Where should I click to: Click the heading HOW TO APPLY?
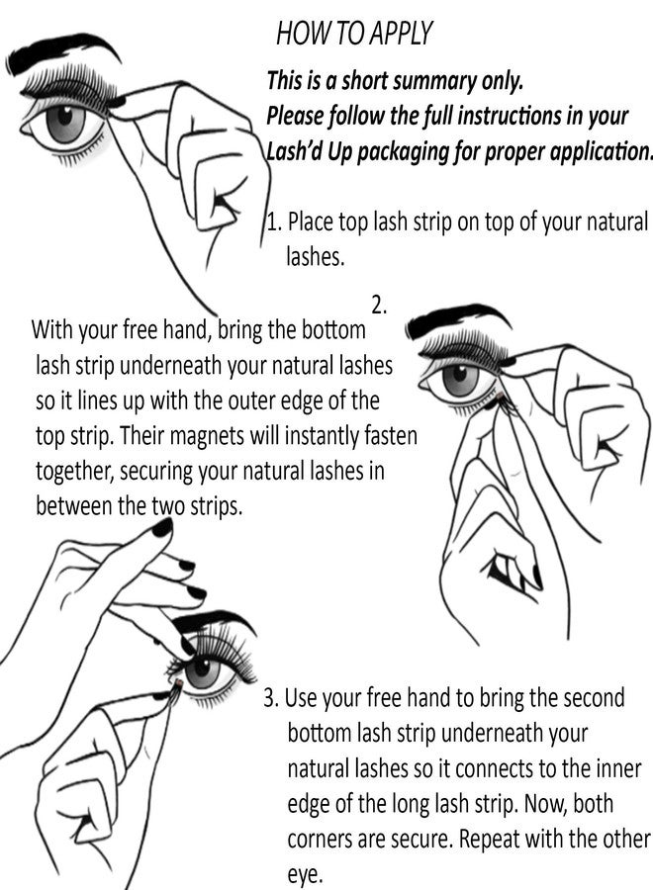(354, 35)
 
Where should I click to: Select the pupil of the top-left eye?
(67, 124)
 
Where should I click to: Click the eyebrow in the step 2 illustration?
(457, 322)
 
